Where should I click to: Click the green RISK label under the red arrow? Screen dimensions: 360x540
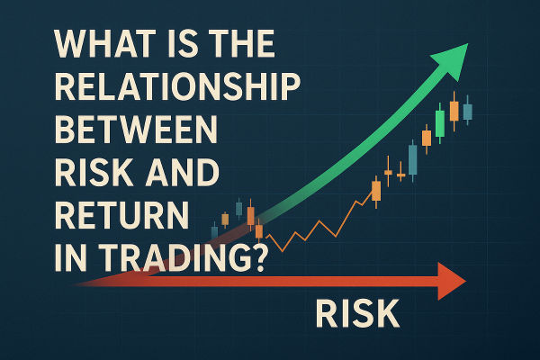(x=356, y=315)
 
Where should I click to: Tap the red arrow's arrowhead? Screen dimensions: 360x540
(x=450, y=281)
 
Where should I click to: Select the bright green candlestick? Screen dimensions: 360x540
(x=439, y=123)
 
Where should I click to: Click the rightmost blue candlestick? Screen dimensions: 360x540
(x=468, y=110)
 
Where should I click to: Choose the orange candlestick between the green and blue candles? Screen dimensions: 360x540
(x=454, y=110)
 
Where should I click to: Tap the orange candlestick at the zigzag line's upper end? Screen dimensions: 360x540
(x=375, y=190)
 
